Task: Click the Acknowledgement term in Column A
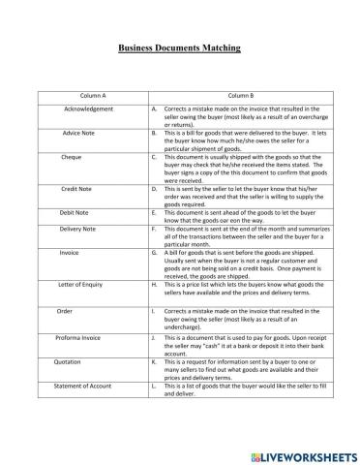pos(88,109)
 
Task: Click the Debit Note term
pos(75,210)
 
